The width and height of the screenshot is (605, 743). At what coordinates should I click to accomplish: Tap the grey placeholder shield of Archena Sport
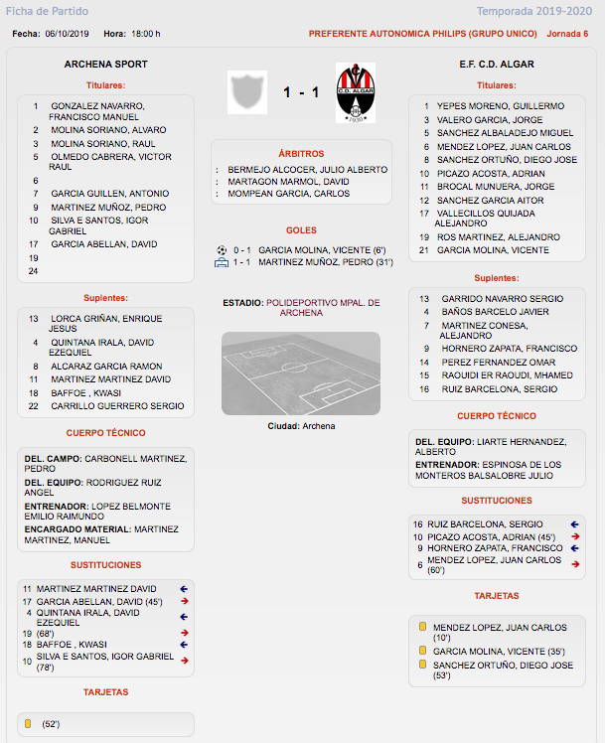247,91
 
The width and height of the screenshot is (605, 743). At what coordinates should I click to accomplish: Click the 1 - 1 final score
301,92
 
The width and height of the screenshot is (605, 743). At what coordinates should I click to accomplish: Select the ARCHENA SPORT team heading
105,64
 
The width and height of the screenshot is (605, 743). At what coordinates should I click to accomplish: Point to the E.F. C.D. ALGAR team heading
497,64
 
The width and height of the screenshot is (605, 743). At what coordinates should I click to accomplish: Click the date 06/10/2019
67,33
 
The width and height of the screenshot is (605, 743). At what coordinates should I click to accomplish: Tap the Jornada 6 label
567,33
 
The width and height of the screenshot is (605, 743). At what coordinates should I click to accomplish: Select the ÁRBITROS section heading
301,154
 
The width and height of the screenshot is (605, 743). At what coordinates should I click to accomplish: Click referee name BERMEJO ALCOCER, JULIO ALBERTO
307,170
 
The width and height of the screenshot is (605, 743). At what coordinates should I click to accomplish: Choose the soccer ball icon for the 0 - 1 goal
221,249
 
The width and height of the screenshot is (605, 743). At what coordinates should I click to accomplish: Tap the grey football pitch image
301,372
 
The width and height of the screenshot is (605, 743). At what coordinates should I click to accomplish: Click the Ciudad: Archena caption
301,426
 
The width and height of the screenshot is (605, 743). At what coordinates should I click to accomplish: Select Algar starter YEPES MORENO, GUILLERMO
501,105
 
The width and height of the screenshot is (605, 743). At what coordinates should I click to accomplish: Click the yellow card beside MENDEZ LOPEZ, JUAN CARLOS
423,627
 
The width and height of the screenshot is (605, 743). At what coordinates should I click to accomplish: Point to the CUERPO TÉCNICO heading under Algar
497,416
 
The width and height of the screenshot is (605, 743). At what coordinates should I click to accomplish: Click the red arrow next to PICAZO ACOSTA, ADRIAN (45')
575,536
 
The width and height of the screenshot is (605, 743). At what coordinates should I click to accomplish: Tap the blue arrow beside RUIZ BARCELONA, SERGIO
575,523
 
